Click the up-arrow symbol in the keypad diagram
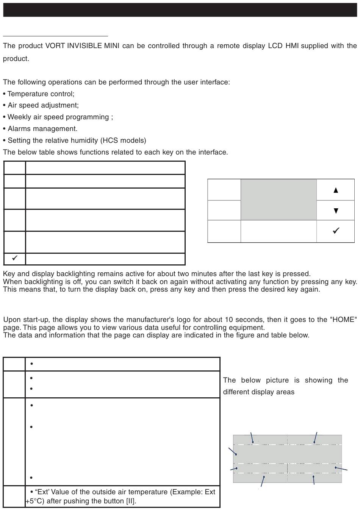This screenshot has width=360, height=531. point(335,190)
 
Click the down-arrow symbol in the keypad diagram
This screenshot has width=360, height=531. point(335,211)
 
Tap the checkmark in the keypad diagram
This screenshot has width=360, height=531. point(335,231)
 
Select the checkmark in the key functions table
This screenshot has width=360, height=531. point(15,258)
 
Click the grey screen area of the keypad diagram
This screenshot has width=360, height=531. point(279,200)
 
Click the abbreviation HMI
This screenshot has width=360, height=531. point(292,46)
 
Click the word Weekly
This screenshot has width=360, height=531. point(19,117)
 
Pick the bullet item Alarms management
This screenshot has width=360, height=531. point(42,129)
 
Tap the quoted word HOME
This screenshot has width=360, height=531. point(343,320)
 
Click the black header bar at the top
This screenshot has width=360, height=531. point(180,10)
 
